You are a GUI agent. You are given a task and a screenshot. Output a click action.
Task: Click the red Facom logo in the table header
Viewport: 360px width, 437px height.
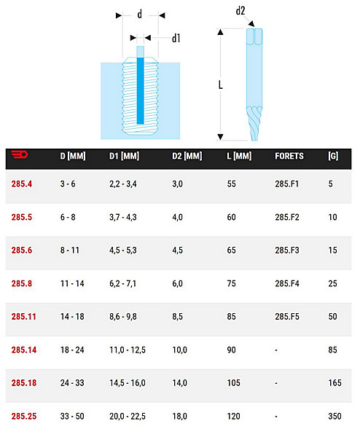click(20, 154)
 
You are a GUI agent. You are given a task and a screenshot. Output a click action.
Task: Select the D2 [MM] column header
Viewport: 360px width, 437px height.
click(187, 156)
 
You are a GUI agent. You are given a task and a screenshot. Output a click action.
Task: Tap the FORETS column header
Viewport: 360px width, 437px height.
click(289, 156)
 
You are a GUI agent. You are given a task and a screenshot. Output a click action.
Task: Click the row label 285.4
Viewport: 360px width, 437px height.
click(22, 184)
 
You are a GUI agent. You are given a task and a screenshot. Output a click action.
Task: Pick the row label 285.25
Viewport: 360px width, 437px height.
click(24, 417)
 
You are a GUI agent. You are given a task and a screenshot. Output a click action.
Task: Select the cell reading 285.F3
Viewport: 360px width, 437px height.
click(287, 251)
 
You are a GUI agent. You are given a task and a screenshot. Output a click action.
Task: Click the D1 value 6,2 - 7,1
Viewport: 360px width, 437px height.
click(123, 284)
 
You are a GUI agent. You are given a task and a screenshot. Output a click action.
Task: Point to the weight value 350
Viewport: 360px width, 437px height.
click(334, 417)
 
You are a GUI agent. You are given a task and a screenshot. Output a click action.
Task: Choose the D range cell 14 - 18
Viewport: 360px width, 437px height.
click(72, 317)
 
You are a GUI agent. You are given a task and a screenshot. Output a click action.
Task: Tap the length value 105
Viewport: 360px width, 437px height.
click(233, 383)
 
